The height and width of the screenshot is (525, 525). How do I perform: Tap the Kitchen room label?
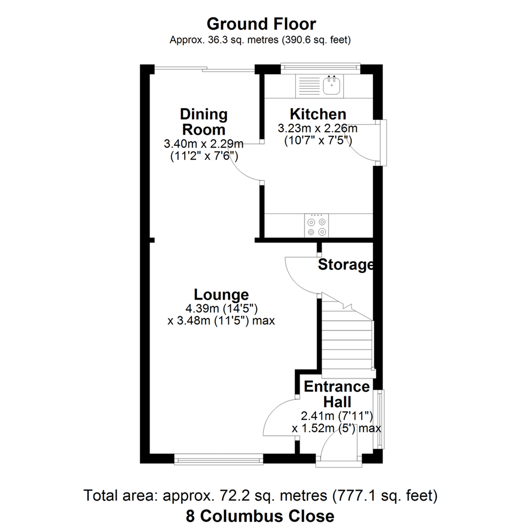[318, 114]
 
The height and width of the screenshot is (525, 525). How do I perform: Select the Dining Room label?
[203, 122]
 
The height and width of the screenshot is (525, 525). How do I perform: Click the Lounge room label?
[221, 295]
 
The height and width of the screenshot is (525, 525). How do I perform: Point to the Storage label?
[346, 265]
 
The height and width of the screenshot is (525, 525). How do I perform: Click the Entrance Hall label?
[336, 394]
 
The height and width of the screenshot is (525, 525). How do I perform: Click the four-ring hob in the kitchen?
[316, 227]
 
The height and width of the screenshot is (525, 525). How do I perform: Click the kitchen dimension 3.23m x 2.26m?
[317, 129]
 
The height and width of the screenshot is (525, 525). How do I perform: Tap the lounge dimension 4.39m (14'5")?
[221, 308]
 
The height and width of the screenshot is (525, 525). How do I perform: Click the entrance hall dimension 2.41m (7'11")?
[336, 416]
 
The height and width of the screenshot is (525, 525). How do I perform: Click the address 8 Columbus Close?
[260, 516]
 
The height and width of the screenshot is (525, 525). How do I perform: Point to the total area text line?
[262, 496]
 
